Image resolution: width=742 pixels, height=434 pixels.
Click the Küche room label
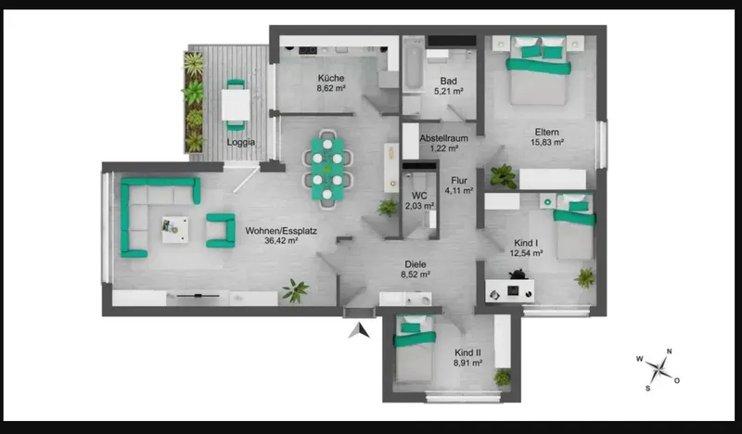pyautogui.click(x=331, y=78)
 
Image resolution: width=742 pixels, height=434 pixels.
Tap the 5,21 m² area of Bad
pyautogui.click(x=448, y=91)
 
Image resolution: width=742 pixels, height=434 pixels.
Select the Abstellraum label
pyautogui.click(x=443, y=138)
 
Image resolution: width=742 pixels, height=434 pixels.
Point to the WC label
pyautogui.click(x=419, y=196)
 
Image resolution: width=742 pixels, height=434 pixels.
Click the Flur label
pyautogui.click(x=459, y=180)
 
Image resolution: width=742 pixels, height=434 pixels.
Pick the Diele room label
pyautogui.click(x=416, y=264)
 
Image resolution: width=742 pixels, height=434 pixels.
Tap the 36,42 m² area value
pyautogui.click(x=281, y=241)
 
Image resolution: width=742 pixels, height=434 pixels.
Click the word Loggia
pyautogui.click(x=241, y=142)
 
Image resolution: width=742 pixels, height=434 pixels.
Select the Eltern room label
pyautogui.click(x=547, y=132)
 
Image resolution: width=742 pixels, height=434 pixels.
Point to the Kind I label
pyautogui.click(x=526, y=243)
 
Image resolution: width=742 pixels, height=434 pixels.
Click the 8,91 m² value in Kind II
pyautogui.click(x=467, y=363)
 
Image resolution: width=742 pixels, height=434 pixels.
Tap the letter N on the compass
pyautogui.click(x=669, y=351)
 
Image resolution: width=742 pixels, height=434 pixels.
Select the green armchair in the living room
pyautogui.click(x=221, y=231)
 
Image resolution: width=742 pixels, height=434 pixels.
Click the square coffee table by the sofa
pyautogui.click(x=175, y=230)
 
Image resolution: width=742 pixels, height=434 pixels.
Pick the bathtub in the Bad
pyautogui.click(x=413, y=64)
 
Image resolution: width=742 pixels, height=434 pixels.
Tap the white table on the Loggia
pyautogui.click(x=236, y=105)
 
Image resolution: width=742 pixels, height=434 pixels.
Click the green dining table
pyautogui.click(x=327, y=170)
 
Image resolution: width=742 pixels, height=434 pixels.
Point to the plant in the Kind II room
pyautogui.click(x=502, y=377)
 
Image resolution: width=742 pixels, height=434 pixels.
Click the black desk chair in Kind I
pyautogui.click(x=518, y=274)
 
